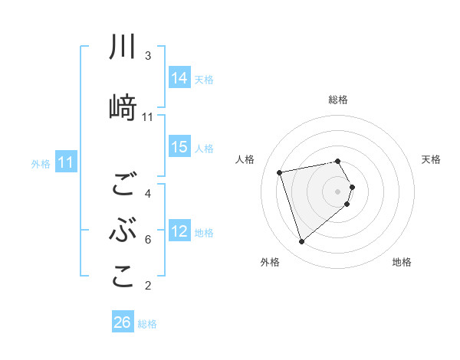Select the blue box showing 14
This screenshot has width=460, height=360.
point(179,78)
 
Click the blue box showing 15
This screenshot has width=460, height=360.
point(179,147)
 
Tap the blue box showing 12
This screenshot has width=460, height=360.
point(179,231)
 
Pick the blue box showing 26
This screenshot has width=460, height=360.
point(123,322)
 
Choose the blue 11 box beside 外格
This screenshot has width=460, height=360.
point(66,162)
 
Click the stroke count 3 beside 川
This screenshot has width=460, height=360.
point(148,56)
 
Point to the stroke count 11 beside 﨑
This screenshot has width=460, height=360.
point(148,117)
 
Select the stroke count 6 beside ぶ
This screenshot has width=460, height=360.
point(148,240)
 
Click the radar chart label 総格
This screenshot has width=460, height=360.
point(338,100)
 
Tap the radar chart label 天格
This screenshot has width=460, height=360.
point(432,159)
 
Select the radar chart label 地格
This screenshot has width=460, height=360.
point(402,262)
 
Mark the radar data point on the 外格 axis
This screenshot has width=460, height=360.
point(301,242)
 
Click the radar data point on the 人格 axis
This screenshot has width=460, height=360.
point(280,172)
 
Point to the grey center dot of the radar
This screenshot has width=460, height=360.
point(338,191)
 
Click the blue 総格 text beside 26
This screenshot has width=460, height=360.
point(147,324)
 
